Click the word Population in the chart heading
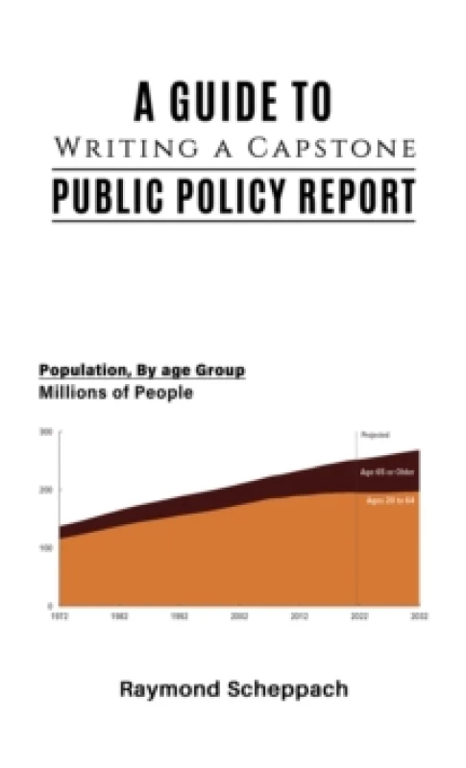pos(85,371)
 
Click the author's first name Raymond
pos(164,689)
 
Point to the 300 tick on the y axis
pos(45,432)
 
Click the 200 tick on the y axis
pos(45,490)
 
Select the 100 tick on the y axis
pos(45,548)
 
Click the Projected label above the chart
pos(375,435)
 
